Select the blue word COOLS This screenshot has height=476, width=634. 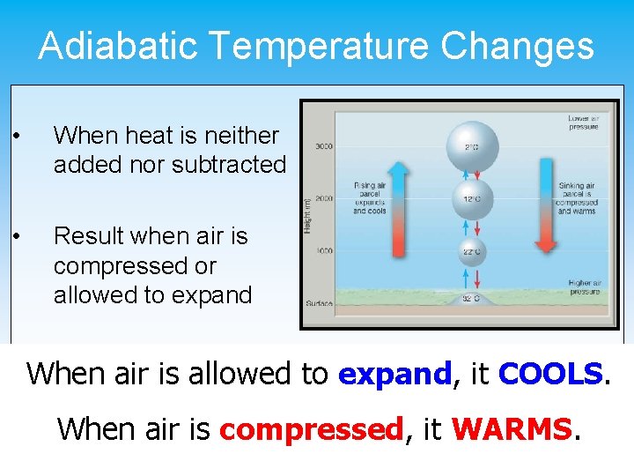click(x=551, y=374)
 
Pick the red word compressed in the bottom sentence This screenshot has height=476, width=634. click(x=311, y=429)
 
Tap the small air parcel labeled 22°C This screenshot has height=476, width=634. click(x=472, y=251)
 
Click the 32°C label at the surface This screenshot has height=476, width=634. click(x=472, y=298)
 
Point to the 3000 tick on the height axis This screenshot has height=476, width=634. click(x=323, y=145)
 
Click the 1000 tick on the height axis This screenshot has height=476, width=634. click(x=323, y=251)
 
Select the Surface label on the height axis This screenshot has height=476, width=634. click(x=319, y=303)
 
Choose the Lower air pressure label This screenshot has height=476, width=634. click(x=583, y=122)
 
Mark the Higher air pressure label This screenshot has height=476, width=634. click(x=584, y=286)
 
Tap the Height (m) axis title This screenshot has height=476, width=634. click(x=306, y=215)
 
